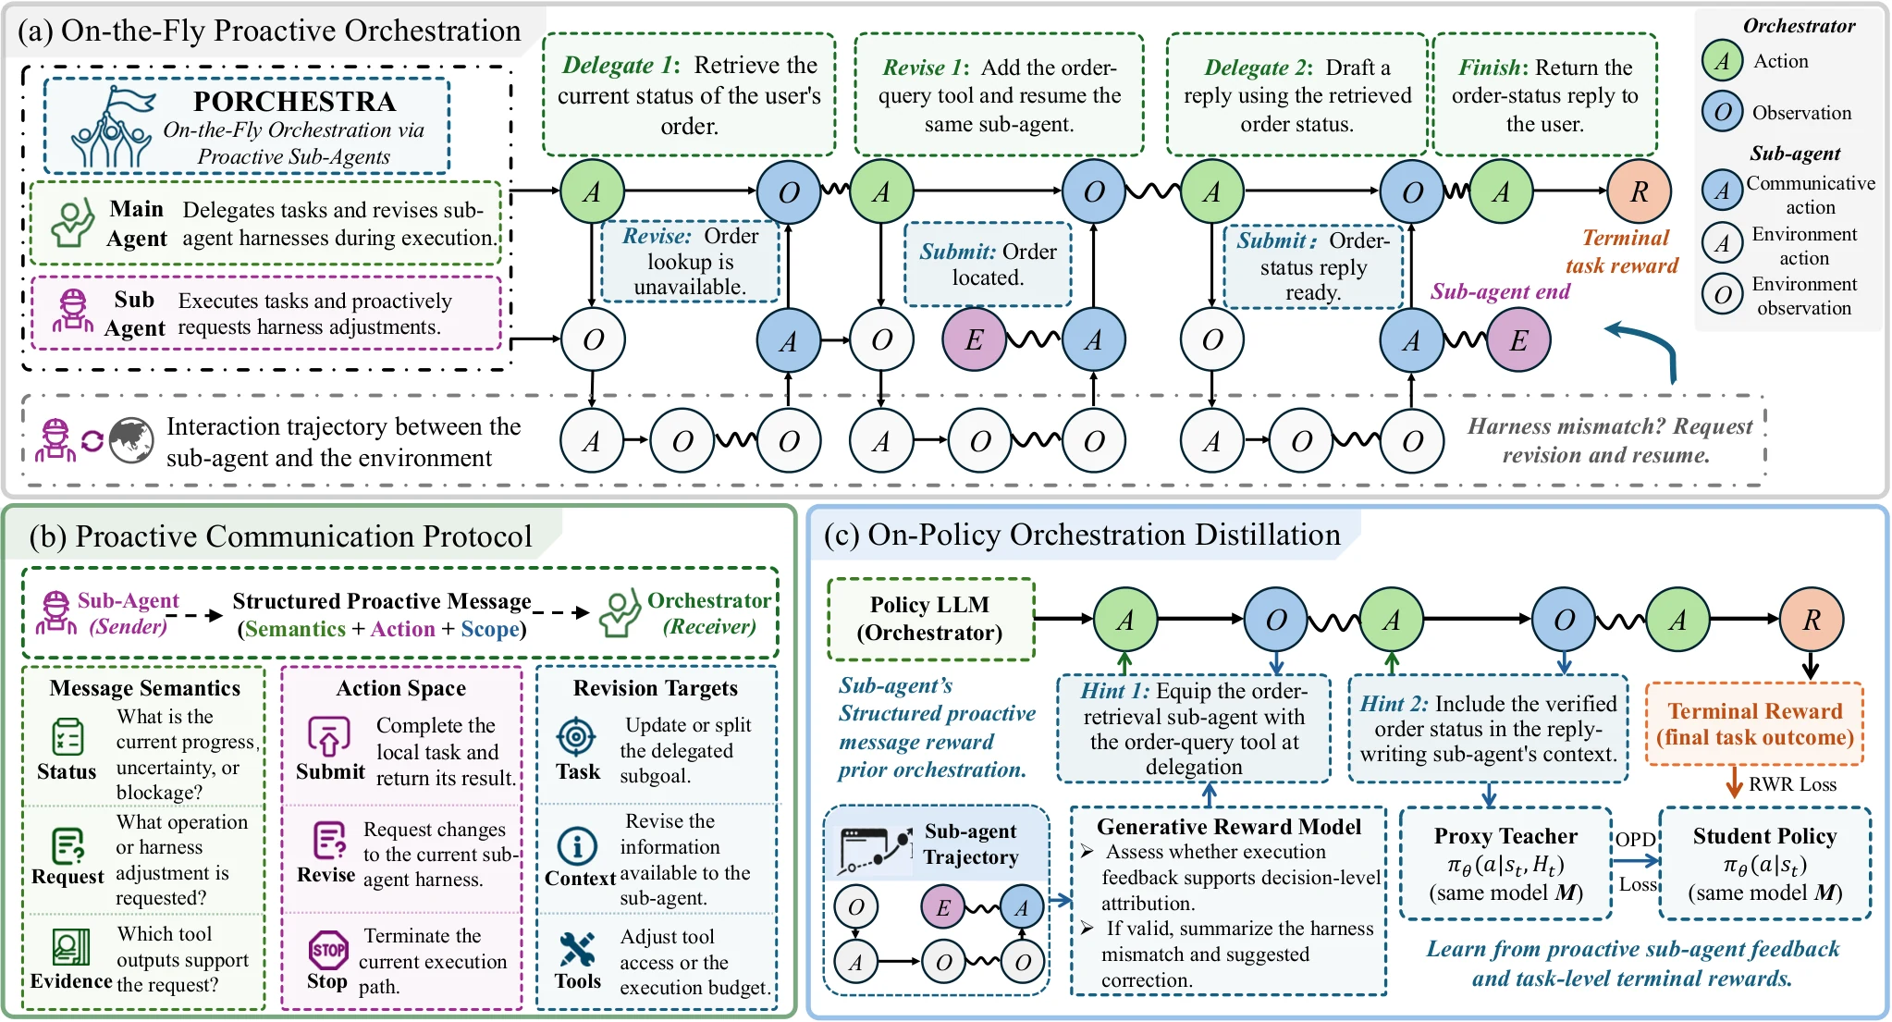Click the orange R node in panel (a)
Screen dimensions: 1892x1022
click(x=1639, y=191)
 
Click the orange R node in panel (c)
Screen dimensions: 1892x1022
click(x=1811, y=620)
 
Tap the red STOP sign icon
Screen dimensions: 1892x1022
click(x=328, y=949)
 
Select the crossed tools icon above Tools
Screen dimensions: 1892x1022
click(x=577, y=949)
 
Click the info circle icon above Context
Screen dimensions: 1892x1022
click(x=577, y=845)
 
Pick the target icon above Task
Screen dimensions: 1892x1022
click(x=576, y=736)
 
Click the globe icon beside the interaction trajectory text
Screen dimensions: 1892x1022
click(x=131, y=440)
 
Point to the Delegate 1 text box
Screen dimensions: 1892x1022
click(x=689, y=94)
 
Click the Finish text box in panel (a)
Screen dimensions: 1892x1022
click(x=1544, y=94)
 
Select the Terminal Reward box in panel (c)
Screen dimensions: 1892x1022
click(x=1754, y=724)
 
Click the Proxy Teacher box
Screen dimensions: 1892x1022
click(x=1505, y=864)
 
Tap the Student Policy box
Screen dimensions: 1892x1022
click(x=1764, y=864)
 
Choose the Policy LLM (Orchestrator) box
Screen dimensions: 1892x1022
click(x=930, y=619)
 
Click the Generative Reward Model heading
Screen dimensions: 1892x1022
click(x=1229, y=827)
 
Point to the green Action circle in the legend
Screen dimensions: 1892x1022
click(x=1722, y=61)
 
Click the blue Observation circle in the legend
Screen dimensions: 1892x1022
click(x=1722, y=113)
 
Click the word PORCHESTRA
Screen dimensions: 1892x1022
click(x=294, y=101)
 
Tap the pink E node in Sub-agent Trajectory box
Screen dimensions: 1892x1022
click(x=942, y=907)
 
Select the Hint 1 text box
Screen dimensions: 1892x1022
click(x=1194, y=729)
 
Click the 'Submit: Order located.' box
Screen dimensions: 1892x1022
click(x=988, y=265)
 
